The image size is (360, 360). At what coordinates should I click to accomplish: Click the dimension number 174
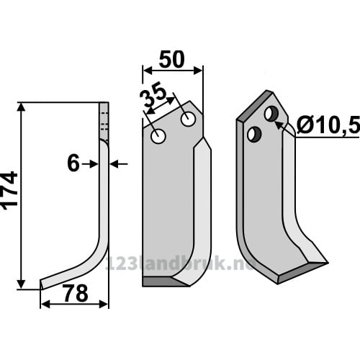[x=10, y=191]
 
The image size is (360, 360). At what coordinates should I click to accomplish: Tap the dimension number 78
[x=76, y=293]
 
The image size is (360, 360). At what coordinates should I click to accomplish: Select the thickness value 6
[x=73, y=163]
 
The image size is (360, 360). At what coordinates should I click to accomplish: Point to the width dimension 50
[x=171, y=59]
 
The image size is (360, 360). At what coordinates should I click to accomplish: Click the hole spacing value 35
[x=153, y=96]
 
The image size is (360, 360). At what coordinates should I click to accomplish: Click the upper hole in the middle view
[x=188, y=119]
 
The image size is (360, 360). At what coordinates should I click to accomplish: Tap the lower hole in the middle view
[x=158, y=136]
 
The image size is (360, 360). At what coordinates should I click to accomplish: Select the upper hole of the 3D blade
[x=271, y=114]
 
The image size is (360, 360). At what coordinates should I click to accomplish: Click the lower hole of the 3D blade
[x=254, y=134]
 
